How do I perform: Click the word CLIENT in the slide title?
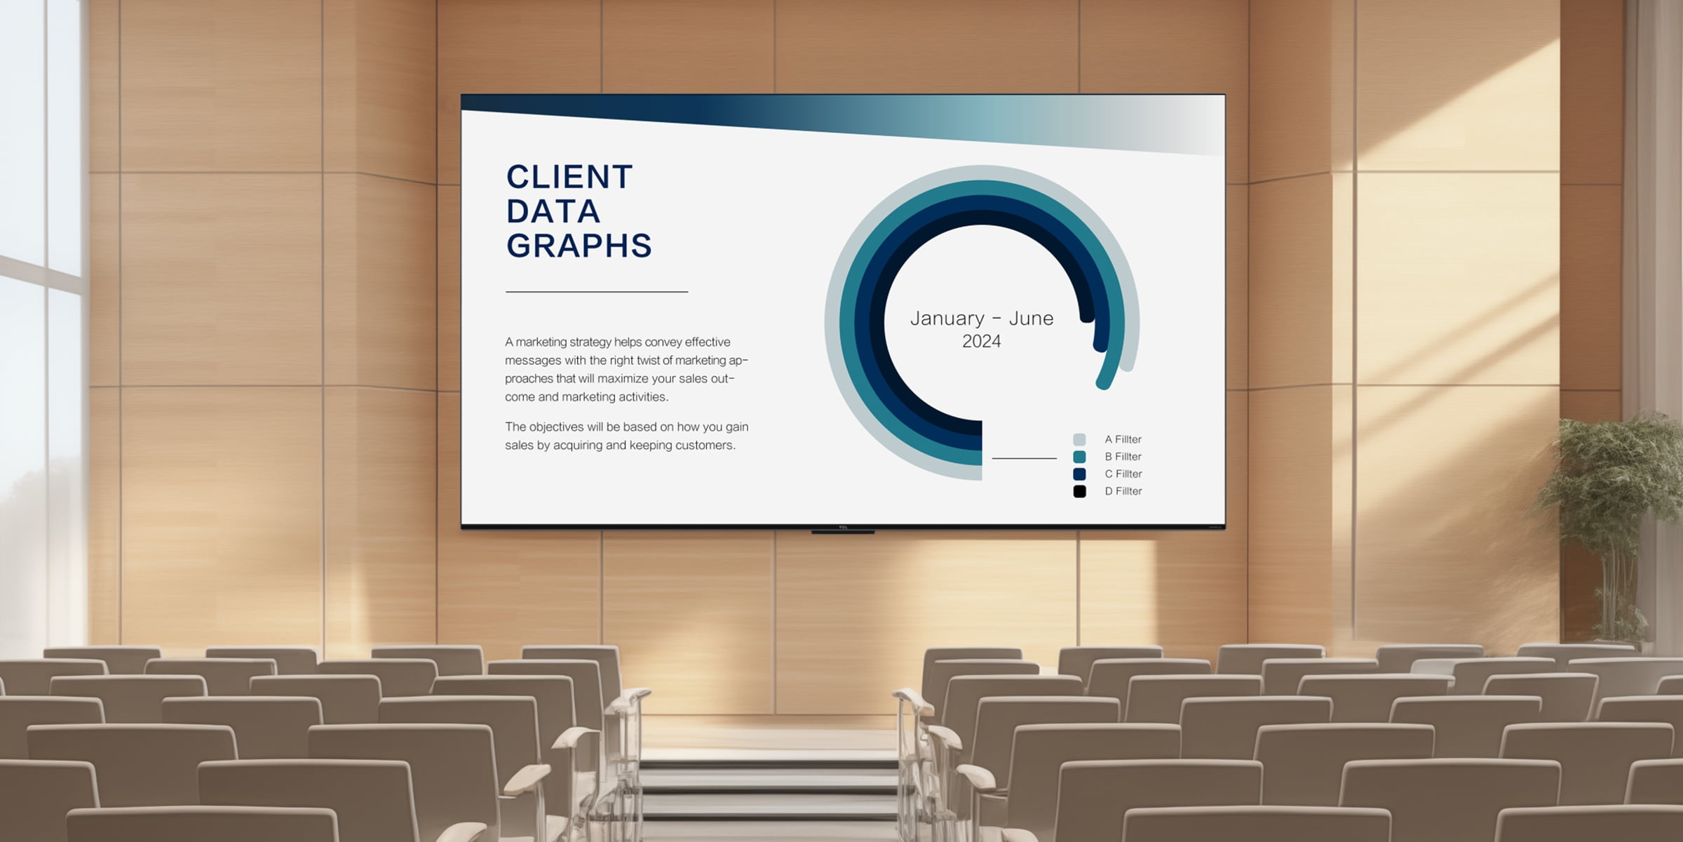click(x=569, y=177)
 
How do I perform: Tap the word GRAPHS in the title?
click(x=579, y=246)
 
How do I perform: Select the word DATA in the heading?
click(x=553, y=211)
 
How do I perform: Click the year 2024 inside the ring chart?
click(x=981, y=342)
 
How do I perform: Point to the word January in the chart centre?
click(x=947, y=319)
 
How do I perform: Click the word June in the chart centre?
click(x=1031, y=319)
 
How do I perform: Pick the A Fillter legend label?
click(x=1123, y=439)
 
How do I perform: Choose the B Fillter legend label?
click(x=1123, y=457)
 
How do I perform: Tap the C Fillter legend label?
click(x=1123, y=474)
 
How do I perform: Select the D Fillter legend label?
click(x=1123, y=491)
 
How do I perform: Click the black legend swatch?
click(x=1079, y=491)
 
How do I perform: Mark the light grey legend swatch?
click(x=1079, y=439)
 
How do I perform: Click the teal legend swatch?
click(x=1079, y=457)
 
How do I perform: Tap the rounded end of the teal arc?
click(x=1103, y=382)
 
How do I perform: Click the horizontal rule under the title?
click(x=597, y=291)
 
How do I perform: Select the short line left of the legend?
click(x=1024, y=458)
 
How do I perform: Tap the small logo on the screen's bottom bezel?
click(x=843, y=527)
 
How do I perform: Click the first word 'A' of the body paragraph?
click(x=509, y=342)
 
